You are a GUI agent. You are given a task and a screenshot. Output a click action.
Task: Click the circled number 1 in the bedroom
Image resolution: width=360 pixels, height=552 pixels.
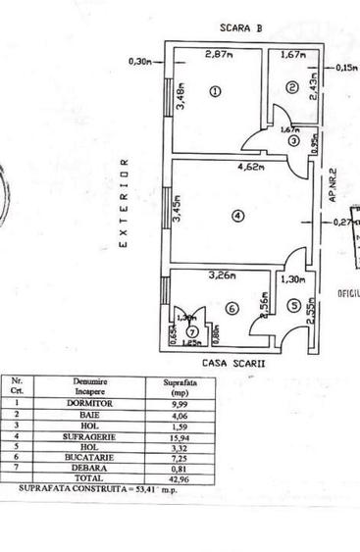coord(216,91)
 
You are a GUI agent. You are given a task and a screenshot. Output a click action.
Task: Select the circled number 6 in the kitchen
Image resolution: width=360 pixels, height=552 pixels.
coord(231,308)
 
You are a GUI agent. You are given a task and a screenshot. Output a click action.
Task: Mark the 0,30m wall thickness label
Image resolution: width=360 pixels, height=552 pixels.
coord(139,62)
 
